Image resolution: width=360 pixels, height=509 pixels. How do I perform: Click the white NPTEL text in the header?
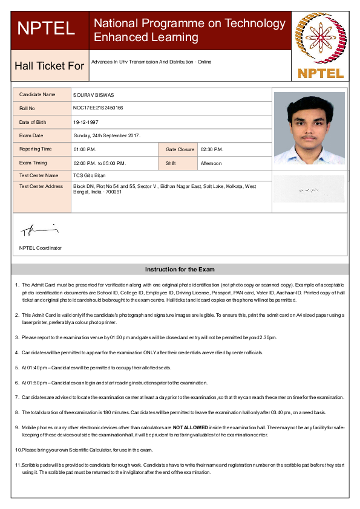(47, 28)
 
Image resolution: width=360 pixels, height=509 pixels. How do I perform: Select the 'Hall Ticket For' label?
(49, 65)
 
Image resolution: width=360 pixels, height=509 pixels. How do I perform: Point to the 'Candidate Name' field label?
(37, 95)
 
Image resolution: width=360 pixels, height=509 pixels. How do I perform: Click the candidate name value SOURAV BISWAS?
(94, 95)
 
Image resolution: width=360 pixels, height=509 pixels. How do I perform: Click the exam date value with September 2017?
(107, 135)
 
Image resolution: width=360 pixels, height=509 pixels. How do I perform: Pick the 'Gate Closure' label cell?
(180, 149)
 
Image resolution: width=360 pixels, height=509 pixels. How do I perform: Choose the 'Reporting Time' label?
(36, 149)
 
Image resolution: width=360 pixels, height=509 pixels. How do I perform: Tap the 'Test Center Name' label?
(39, 175)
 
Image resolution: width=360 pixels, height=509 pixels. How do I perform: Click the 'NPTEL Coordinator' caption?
(41, 248)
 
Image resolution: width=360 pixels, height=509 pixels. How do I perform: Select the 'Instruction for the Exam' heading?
(180, 270)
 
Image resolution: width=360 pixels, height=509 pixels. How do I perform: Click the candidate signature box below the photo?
(309, 189)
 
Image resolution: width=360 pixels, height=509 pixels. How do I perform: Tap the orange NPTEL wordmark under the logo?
(321, 74)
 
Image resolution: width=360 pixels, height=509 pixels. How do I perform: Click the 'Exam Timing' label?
(33, 163)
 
